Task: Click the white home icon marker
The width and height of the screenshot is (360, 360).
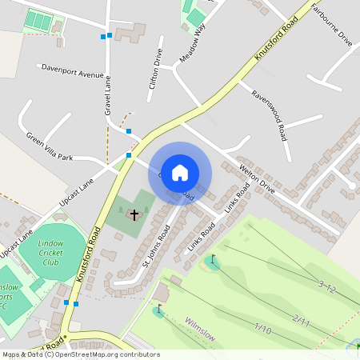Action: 180,172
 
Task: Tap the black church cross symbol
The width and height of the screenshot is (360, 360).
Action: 134,214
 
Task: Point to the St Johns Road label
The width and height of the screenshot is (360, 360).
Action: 157,246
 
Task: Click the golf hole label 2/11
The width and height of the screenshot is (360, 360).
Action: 301,320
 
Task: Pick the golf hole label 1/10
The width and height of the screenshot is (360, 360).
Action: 263,328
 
